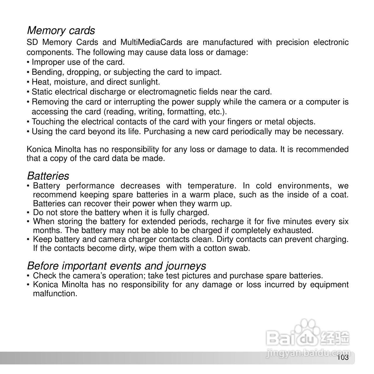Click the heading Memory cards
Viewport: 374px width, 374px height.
pyautogui.click(x=61, y=30)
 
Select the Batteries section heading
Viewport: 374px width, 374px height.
pyautogui.click(x=48, y=176)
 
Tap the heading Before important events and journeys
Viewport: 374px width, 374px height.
pyautogui.click(x=116, y=266)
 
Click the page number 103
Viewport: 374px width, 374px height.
pyautogui.click(x=343, y=358)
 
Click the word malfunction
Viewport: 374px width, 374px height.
pyautogui.click(x=55, y=294)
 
